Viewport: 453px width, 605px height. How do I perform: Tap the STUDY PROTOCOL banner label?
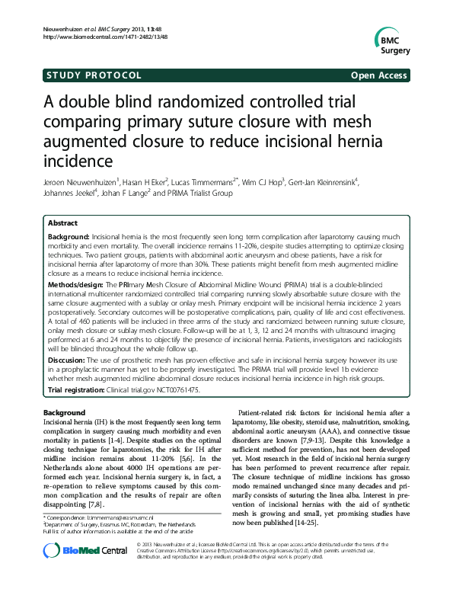tap(94, 75)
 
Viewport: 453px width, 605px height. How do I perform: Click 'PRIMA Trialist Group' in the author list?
tap(197, 194)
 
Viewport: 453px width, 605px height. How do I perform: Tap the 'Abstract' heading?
tap(62, 223)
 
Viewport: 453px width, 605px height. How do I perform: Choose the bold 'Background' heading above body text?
tap(65, 412)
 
